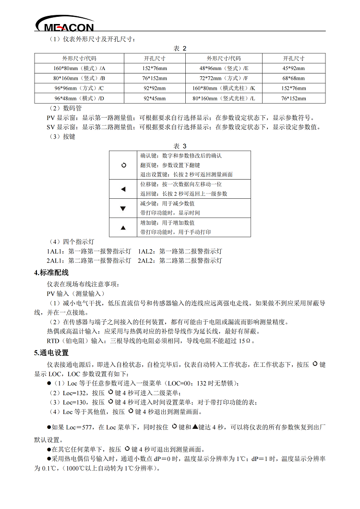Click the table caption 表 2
coord(180,48)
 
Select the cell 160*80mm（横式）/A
coord(79,68)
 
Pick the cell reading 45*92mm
coord(293,68)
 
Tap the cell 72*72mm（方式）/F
coord(224,78)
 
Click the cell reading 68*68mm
coord(293,78)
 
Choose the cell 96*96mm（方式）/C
coord(79,88)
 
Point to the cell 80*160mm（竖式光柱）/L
coord(224,98)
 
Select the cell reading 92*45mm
coord(155,98)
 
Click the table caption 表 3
coord(180,145)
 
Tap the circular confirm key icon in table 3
coord(123,165)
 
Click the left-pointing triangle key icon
coord(123,189)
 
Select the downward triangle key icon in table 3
coord(123,208)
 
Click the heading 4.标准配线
coord(51,273)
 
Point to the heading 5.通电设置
coord(51,353)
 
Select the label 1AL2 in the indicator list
coord(146,251)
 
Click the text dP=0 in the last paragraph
coord(168,459)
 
